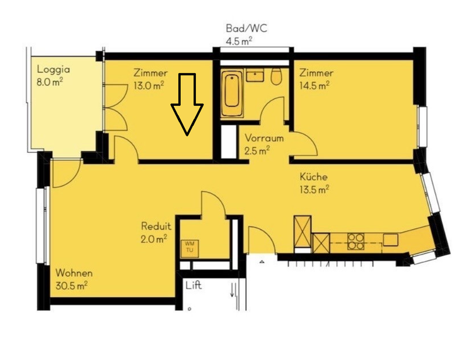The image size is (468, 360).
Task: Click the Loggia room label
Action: point(53,70)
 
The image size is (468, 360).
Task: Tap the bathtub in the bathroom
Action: point(232,93)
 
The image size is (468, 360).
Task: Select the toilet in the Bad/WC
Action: point(276,77)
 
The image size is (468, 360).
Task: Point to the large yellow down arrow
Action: point(187,104)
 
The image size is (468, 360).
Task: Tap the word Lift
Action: point(194,285)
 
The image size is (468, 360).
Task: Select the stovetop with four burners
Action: point(356,241)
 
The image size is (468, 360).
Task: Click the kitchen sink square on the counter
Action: point(391,239)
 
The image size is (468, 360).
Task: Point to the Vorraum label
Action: point(264,138)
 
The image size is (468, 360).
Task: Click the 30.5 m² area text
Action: point(71,286)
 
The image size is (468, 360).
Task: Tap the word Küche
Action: point(314,177)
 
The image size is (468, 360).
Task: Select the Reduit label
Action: point(156,226)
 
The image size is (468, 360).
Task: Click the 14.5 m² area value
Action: point(315,85)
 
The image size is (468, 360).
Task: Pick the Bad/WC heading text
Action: point(246,28)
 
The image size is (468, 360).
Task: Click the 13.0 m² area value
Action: point(149,85)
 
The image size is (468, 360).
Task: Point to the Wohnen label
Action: point(74,273)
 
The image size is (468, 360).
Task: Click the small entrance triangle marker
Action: point(262,262)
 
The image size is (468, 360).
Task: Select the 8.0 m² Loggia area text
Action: point(50,82)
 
